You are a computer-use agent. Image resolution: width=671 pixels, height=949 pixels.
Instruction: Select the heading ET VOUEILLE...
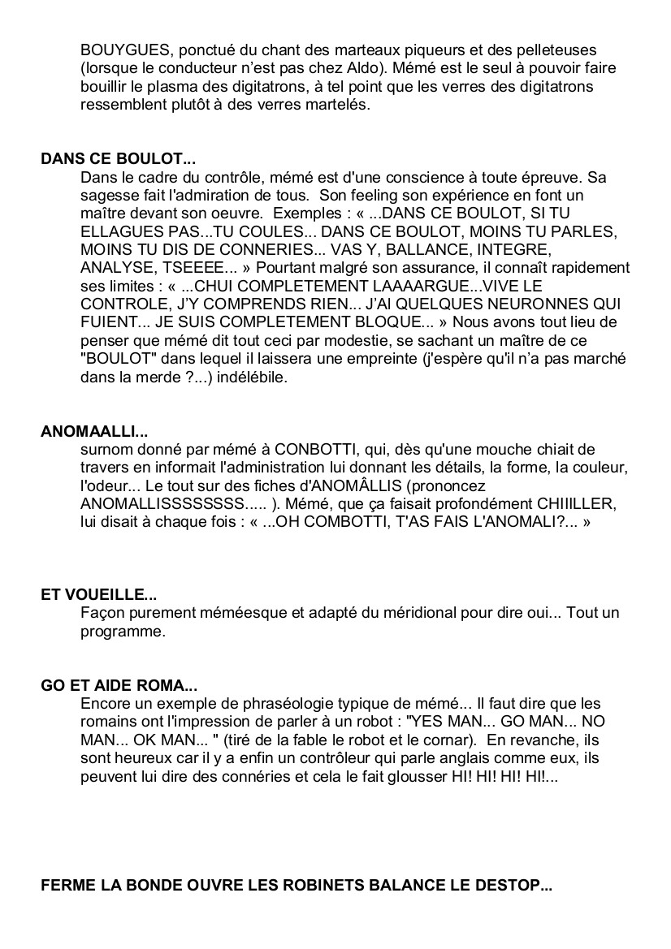click(x=92, y=594)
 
